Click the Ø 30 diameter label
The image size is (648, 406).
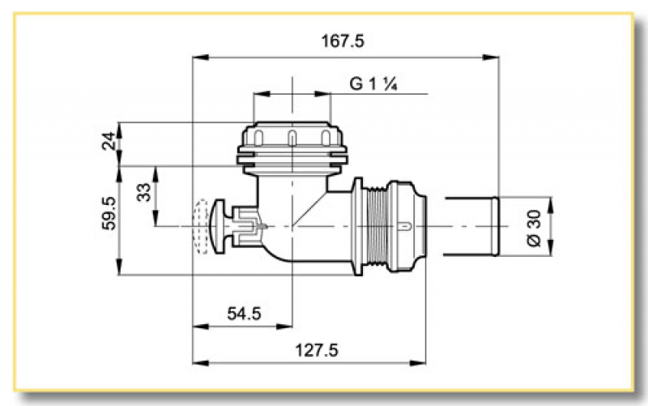[532, 226]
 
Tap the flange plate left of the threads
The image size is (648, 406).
[356, 224]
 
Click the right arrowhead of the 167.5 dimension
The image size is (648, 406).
[492, 57]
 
